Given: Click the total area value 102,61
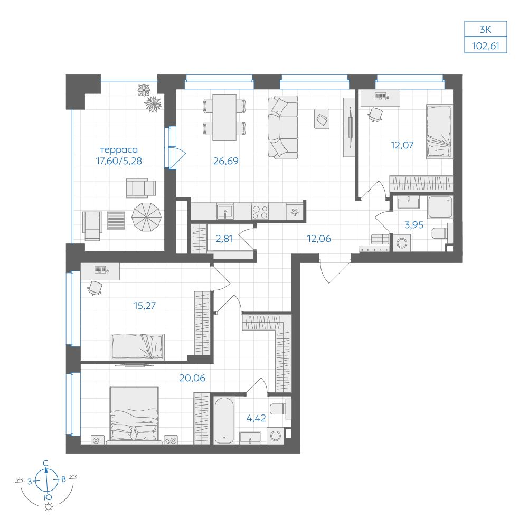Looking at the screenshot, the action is (x=485, y=45).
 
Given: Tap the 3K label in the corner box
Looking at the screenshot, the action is (x=485, y=30).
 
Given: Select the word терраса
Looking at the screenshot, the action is (x=119, y=149).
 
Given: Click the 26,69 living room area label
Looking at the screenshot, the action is (x=225, y=161).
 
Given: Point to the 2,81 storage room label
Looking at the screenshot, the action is (x=224, y=239).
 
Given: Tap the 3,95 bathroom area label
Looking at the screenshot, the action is (x=414, y=224).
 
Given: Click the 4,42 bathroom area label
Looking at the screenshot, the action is (x=256, y=418).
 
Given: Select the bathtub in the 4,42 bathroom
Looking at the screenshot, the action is (x=223, y=421).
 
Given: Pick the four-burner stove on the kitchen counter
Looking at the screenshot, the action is (x=260, y=212).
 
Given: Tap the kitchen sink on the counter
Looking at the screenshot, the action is (x=225, y=212).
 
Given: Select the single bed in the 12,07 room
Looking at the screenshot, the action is (x=439, y=131).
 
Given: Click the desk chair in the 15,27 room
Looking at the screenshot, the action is (x=95, y=288).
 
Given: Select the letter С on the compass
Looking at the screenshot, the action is (x=46, y=464).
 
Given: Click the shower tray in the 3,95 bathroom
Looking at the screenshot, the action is (x=440, y=208).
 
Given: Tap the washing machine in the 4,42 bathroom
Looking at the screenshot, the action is (x=276, y=436).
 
